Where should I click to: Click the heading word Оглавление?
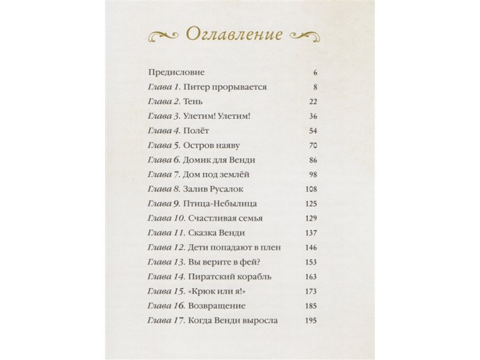click(x=234, y=34)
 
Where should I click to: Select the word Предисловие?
click(x=176, y=73)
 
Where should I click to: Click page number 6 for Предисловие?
click(x=314, y=73)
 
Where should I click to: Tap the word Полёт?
click(x=197, y=131)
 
